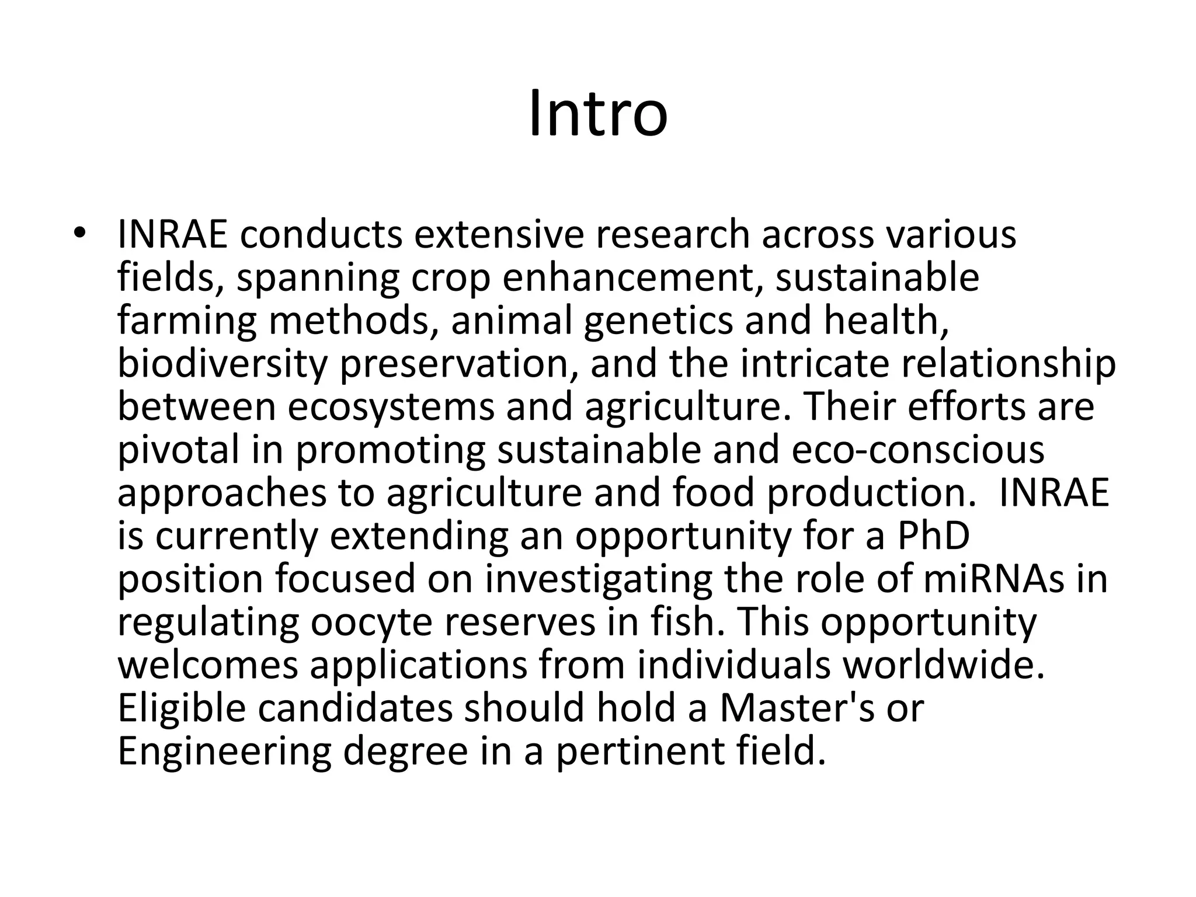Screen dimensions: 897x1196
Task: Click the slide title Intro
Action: pos(598,114)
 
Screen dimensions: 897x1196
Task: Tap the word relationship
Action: pos(1009,364)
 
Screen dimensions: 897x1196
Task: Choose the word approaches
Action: pos(222,493)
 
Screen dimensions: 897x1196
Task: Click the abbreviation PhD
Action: pos(933,537)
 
